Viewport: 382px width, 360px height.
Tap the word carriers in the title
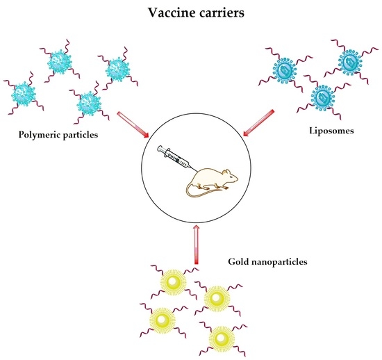pos(217,13)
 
